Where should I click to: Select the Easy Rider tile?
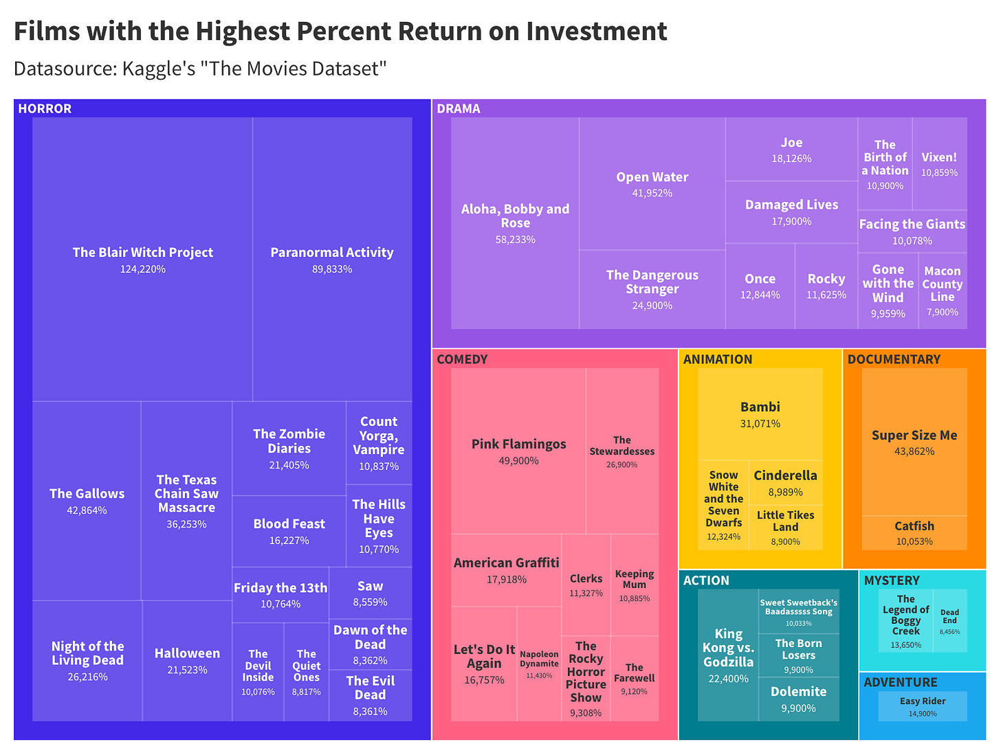923,706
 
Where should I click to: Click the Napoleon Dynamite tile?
539,664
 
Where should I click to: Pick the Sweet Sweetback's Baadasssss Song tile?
798,611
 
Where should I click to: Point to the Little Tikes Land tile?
785,526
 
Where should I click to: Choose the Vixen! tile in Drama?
939,164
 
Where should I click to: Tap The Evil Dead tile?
370,695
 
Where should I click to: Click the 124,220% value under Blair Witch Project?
143,269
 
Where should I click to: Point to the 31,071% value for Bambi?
760,424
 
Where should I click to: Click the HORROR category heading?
45,109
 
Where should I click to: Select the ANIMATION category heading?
717,359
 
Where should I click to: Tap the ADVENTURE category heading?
900,682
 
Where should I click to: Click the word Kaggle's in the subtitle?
159,69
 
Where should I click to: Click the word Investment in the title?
596,32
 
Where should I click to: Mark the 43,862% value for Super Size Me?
914,451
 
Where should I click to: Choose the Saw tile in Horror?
370,593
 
